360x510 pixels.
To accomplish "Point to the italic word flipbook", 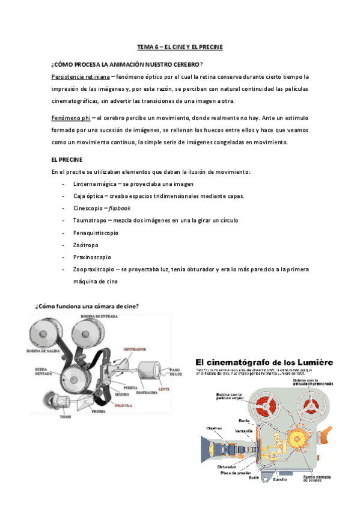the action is coord(120,207).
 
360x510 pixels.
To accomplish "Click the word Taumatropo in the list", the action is coord(91,220).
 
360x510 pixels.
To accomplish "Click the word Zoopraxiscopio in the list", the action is coord(94,269).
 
